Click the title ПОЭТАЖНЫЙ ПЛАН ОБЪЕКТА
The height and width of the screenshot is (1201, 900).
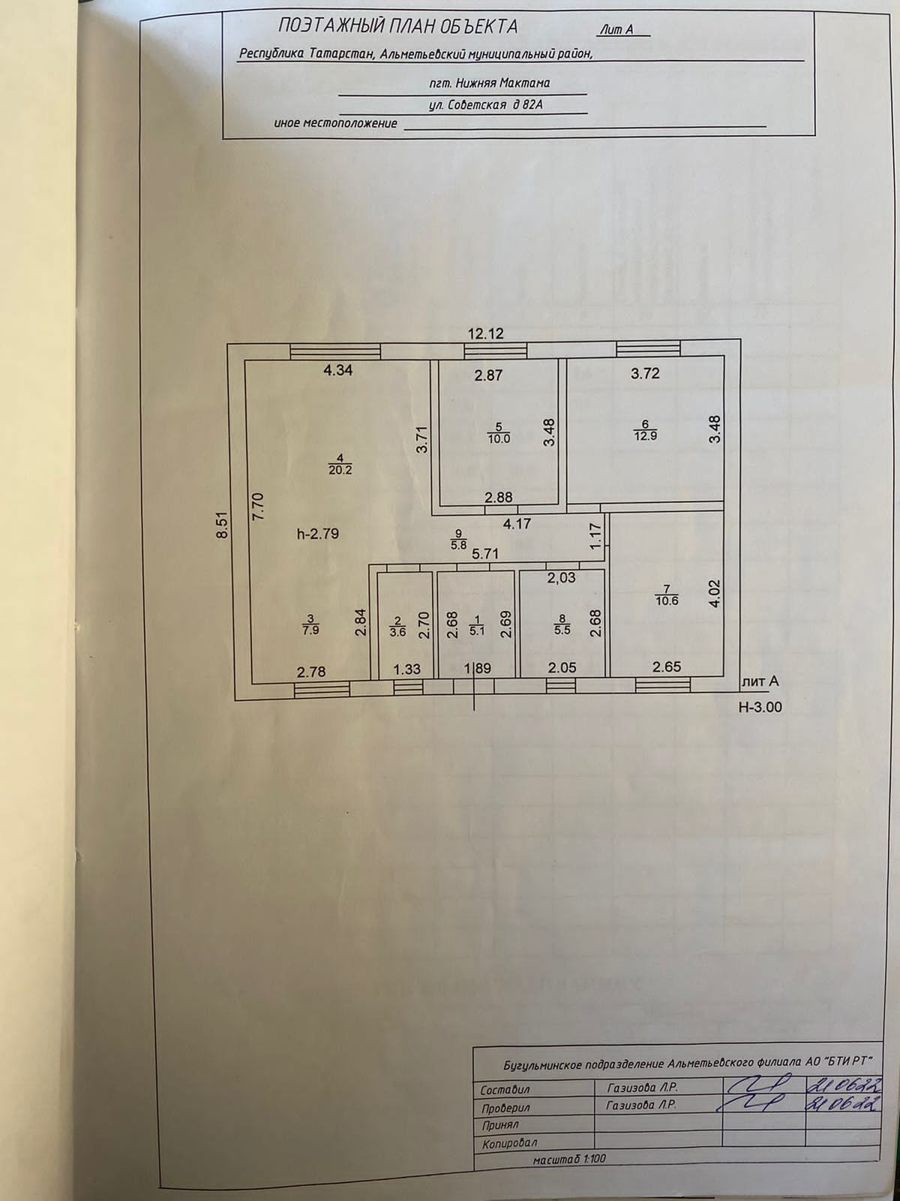coord(397,27)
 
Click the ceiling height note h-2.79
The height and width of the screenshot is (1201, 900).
coord(319,534)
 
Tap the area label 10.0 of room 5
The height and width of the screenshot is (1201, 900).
coord(499,438)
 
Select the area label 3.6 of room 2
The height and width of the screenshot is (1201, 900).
coord(398,631)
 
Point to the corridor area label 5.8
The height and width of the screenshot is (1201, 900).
coord(457,545)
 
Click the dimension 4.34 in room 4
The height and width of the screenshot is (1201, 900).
coord(337,369)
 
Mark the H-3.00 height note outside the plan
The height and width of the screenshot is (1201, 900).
coord(766,706)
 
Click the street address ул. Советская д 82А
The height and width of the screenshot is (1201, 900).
coord(484,106)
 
